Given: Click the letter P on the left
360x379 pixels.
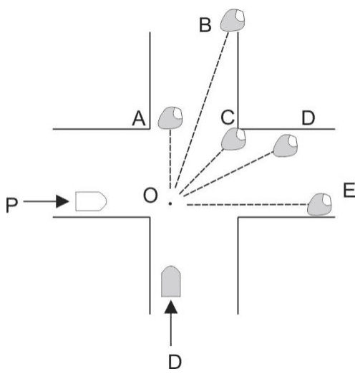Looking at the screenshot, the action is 11,205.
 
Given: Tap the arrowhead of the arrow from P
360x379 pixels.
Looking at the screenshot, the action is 62,201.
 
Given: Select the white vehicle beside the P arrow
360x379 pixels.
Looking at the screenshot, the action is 91,201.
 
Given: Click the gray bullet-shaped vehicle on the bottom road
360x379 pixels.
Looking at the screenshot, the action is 171,282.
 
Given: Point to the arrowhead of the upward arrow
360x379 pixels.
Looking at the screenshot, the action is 171,307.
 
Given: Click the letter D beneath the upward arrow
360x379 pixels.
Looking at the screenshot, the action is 175,362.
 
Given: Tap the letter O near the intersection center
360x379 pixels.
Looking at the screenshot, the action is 150,196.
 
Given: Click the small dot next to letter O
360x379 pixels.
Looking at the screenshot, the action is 170,203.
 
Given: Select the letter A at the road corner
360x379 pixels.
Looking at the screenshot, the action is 139,118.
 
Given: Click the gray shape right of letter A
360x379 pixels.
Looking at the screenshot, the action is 170,117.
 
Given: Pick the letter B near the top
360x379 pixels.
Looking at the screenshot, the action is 205,25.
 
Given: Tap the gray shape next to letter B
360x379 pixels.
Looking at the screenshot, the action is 233,20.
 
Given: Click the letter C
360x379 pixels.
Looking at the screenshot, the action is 228,117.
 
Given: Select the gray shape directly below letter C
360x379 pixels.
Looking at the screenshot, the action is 233,139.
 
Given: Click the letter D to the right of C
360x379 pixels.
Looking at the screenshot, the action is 308,118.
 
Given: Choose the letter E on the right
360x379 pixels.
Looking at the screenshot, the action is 349,191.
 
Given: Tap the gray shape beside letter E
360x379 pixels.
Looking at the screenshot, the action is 319,204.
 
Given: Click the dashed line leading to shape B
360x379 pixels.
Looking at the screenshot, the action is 202,110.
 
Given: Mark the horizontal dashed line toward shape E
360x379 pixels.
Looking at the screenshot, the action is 248,205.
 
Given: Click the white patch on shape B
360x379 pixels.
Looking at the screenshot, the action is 240,16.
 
